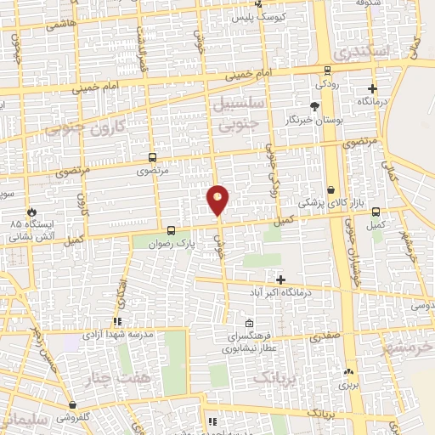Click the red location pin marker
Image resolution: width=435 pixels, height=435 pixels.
(218, 200)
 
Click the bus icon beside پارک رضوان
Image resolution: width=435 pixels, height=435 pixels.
(172, 229)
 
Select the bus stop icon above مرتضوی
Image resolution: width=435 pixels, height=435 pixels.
(152, 157)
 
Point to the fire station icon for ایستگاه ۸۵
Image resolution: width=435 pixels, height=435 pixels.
(33, 212)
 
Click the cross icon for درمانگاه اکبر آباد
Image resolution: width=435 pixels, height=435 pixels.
(281, 280)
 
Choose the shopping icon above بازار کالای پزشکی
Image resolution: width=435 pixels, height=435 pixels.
(330, 190)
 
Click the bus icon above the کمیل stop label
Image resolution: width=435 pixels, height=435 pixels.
(376, 212)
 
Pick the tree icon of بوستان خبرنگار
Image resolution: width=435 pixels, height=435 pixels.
(315, 106)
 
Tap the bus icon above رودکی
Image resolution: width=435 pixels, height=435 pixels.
(328, 71)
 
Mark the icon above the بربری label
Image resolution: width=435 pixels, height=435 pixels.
(349, 371)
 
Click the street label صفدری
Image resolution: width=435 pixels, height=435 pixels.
(327, 335)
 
